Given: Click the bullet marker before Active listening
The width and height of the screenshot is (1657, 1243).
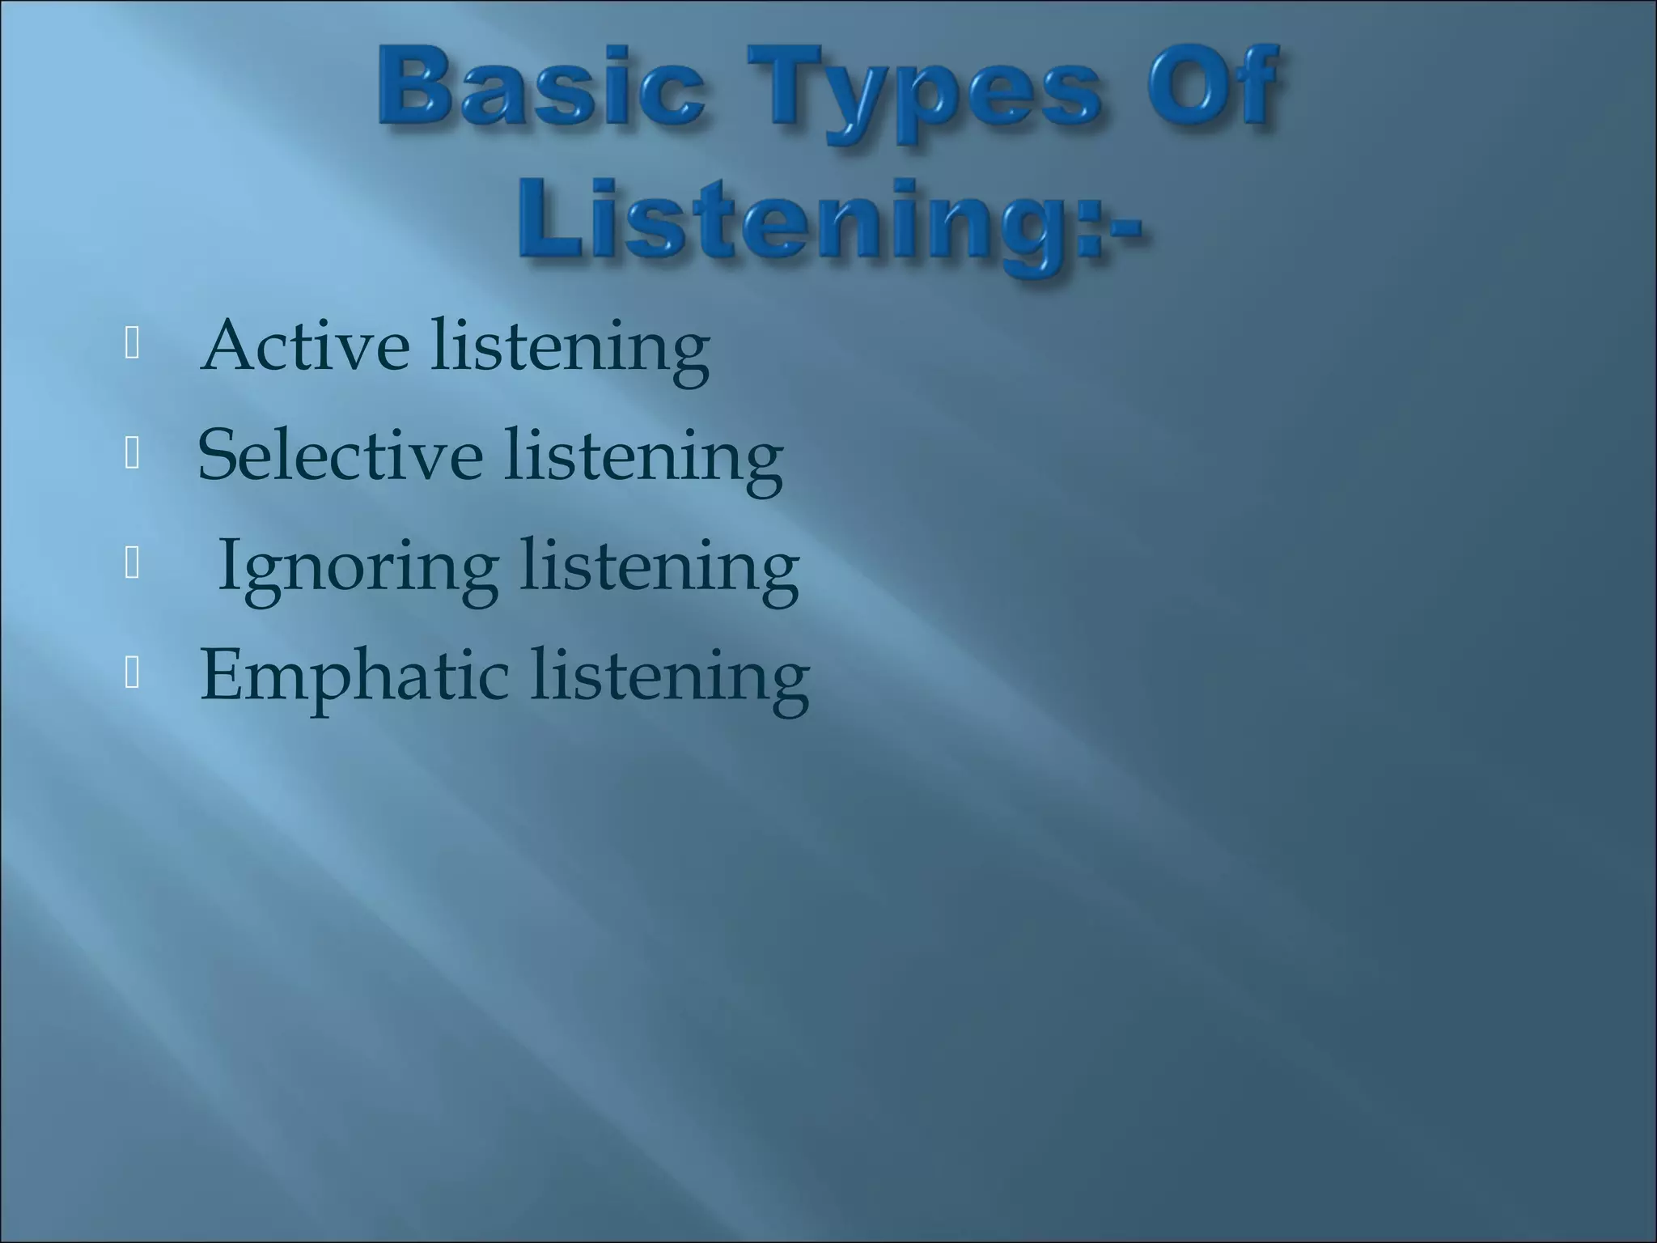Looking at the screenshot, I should coord(133,346).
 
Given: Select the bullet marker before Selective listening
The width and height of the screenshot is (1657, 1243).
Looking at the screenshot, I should coord(133,456).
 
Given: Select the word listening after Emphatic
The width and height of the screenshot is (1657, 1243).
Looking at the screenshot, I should coord(669,677).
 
